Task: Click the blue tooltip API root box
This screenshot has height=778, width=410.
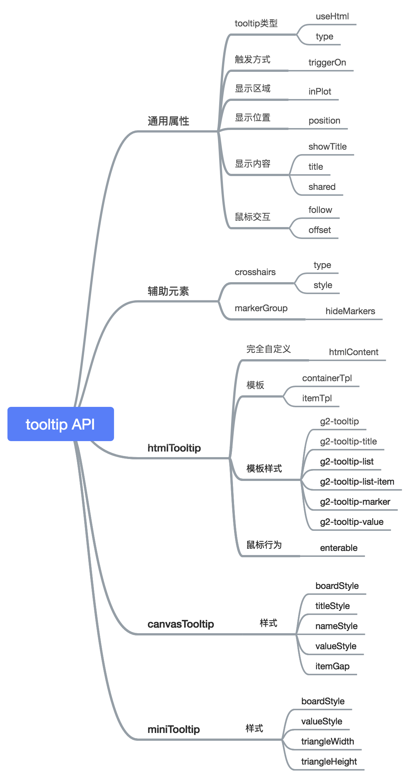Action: (60, 424)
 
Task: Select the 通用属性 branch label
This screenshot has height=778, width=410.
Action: (168, 121)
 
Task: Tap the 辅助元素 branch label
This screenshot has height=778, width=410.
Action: (168, 291)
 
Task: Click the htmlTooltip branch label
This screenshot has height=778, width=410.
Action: (174, 448)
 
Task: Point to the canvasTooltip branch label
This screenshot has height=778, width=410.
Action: (181, 624)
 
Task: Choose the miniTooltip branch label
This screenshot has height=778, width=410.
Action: (174, 729)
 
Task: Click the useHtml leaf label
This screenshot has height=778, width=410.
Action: (332, 16)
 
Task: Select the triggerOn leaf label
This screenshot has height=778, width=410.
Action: (327, 63)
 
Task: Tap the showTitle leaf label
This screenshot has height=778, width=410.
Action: (328, 147)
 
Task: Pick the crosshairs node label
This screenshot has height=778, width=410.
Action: (255, 272)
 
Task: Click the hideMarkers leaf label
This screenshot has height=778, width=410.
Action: (350, 311)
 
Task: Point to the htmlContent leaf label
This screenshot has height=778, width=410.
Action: (354, 352)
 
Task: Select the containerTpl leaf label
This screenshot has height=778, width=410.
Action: (327, 378)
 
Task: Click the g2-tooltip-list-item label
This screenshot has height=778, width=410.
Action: (357, 482)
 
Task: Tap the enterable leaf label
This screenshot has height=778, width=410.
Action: (339, 548)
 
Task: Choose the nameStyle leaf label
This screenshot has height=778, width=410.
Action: (337, 626)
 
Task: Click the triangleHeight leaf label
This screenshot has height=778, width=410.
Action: (329, 762)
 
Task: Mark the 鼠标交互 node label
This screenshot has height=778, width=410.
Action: (253, 217)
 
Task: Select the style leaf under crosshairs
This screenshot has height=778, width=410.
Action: (323, 285)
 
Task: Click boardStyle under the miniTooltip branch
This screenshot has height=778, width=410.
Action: (323, 701)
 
